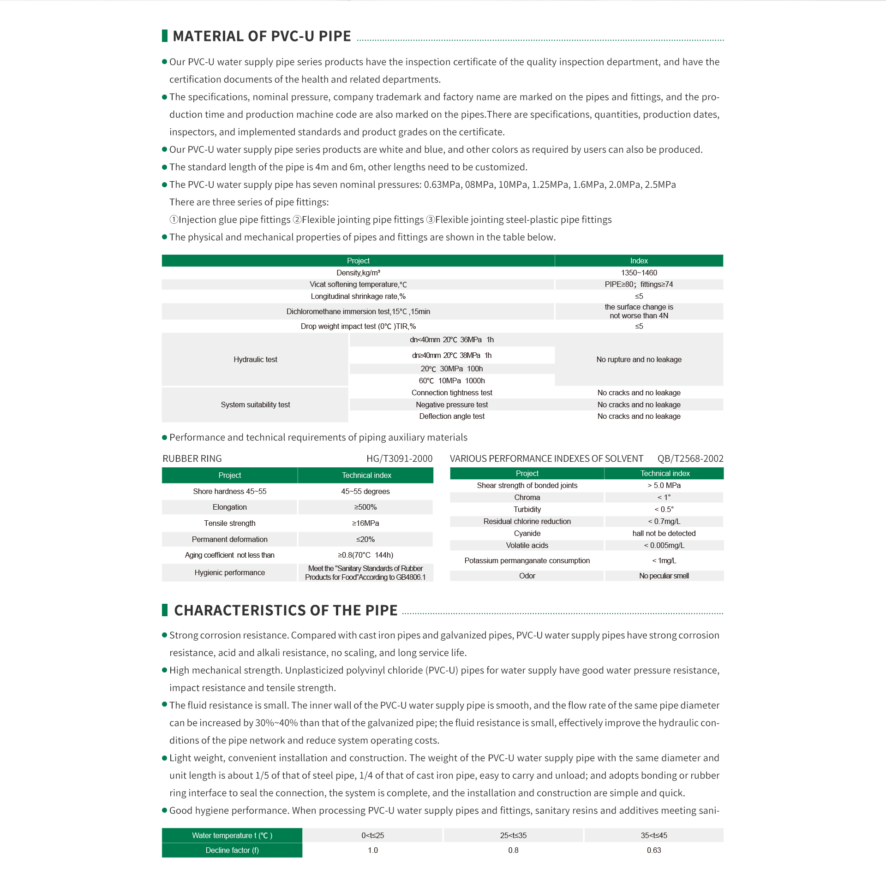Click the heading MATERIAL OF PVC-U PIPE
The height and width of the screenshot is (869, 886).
tap(262, 36)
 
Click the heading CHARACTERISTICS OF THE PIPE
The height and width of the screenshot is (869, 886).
tap(285, 610)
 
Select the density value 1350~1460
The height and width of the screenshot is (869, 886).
tap(639, 273)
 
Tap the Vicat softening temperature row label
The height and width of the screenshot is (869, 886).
tap(358, 285)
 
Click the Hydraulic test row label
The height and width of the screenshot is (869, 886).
tap(255, 359)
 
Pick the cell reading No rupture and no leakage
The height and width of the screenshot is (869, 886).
tap(639, 359)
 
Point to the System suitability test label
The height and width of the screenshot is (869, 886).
tap(255, 405)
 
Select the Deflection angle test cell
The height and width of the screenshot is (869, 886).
tap(452, 416)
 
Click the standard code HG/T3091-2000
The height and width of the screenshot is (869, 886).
tap(399, 458)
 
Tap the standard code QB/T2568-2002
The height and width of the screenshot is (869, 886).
tap(690, 458)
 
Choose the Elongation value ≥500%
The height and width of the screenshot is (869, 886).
tap(365, 507)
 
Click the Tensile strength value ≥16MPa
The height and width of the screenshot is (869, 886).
tap(365, 523)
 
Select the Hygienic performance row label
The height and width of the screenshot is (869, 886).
tap(229, 572)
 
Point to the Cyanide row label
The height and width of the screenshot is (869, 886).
tap(527, 533)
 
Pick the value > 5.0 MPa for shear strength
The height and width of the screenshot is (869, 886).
tap(664, 485)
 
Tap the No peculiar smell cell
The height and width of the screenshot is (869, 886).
tap(664, 576)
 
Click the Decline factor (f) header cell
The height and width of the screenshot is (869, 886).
tap(232, 850)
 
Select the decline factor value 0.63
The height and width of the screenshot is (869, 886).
tap(653, 850)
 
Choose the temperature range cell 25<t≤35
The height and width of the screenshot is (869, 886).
tap(513, 835)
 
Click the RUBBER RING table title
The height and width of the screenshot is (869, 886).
tap(192, 458)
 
